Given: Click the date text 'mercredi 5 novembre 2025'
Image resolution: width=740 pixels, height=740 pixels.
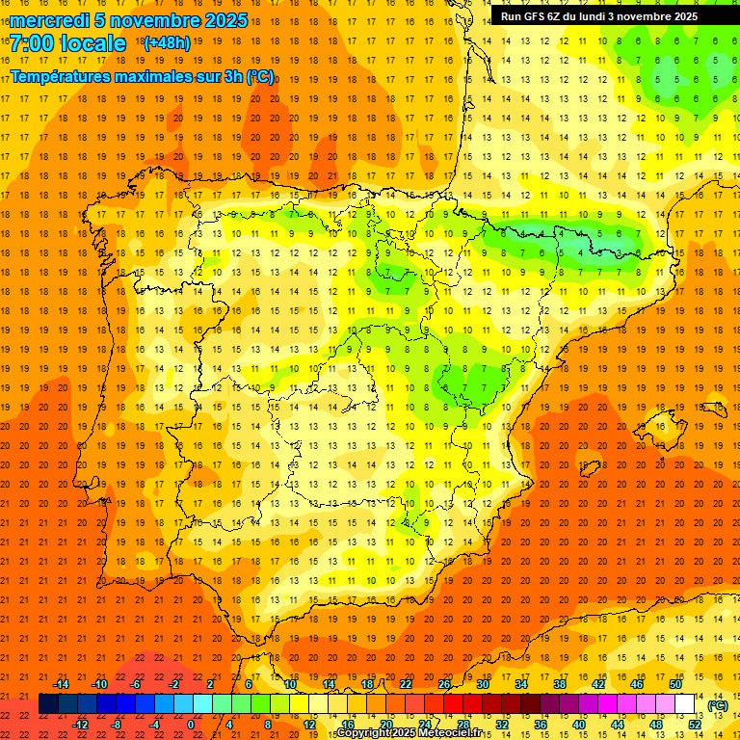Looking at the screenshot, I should click(x=128, y=20).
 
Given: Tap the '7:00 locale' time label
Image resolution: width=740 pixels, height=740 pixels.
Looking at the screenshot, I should click(x=67, y=43).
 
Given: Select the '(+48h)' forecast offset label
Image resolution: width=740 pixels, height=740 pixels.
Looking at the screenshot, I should click(x=167, y=43).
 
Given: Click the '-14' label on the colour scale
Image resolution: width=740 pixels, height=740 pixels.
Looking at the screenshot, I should click(x=61, y=684).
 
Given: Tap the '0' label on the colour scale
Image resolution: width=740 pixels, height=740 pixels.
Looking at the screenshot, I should click(x=191, y=725).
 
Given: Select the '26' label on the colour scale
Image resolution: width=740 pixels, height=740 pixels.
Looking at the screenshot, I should click(x=444, y=684).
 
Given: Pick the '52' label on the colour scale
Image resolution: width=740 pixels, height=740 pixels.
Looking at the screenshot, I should click(x=695, y=725).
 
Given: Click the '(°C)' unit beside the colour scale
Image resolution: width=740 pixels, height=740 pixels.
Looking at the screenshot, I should click(x=718, y=705).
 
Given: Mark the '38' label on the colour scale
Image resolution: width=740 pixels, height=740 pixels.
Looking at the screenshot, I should click(x=559, y=684).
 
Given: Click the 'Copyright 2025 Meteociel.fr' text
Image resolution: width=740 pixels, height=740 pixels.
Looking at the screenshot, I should click(x=409, y=733).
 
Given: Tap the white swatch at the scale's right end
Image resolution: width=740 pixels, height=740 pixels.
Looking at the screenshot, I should click(x=685, y=704).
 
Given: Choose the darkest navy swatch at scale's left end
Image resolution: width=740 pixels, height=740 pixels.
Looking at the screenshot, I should click(x=48, y=704).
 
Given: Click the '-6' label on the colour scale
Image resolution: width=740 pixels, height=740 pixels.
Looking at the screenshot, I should click(x=136, y=684).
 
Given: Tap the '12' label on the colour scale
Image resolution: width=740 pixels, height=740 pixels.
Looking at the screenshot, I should click(x=310, y=725).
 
